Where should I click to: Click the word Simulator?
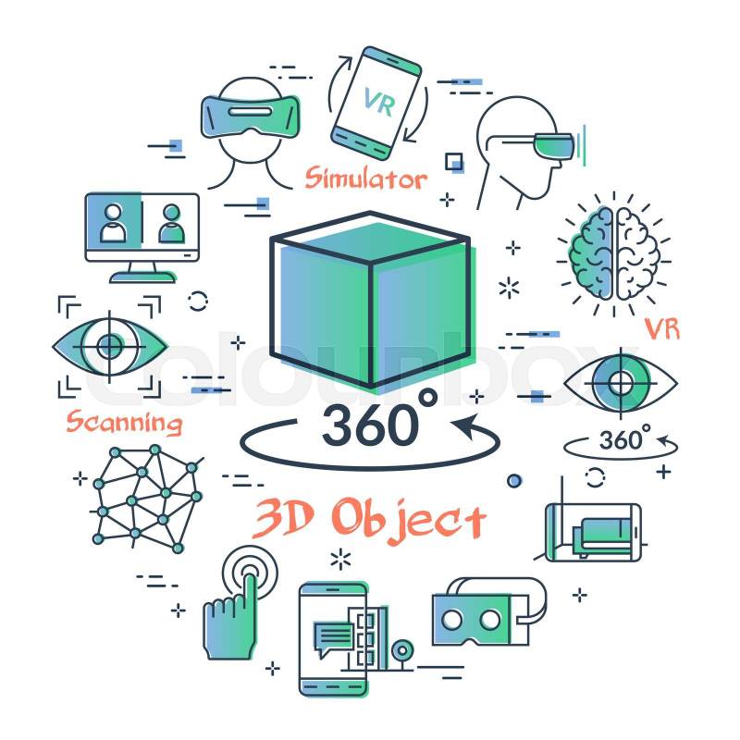coord(365,179)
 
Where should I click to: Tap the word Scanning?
coord(124,422)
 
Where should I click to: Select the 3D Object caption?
coord(369,519)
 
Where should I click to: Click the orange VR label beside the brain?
coord(662,329)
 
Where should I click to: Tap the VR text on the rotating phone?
coord(380,102)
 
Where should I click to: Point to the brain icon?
coord(613,254)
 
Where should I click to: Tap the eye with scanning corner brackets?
coord(109,347)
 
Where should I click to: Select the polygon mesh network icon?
coord(147,499)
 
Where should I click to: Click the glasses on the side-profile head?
coord(553,144)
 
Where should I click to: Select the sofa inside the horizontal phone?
coord(602,537)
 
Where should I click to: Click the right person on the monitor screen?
coord(171,224)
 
